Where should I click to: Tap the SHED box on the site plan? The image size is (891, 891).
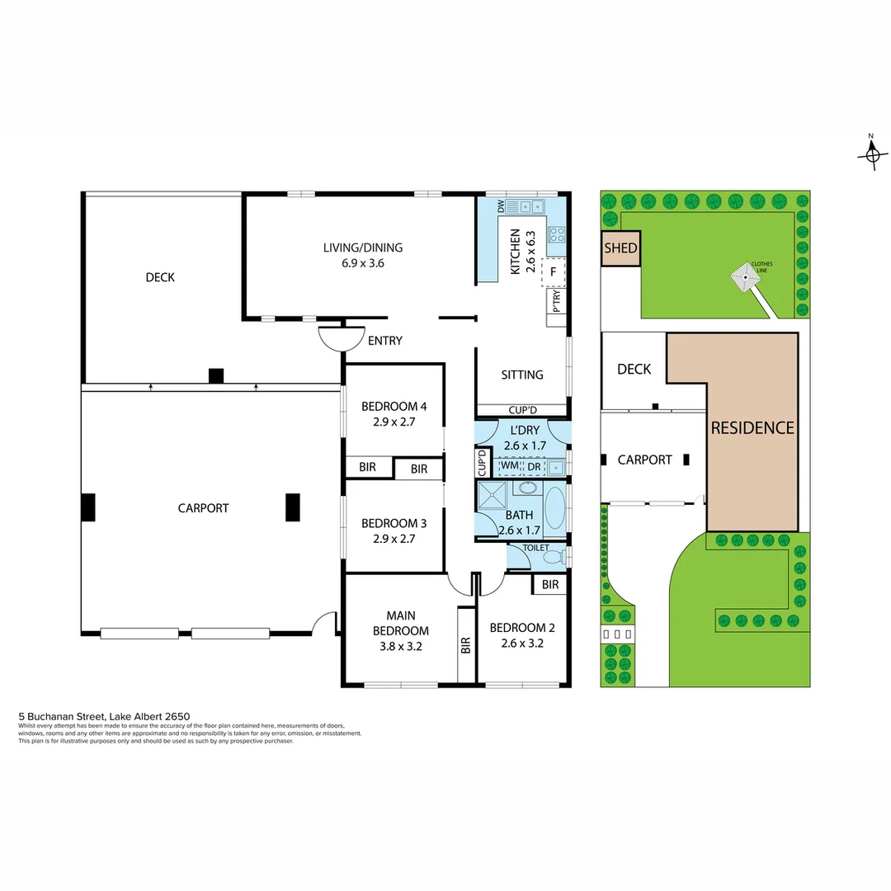click(620, 247)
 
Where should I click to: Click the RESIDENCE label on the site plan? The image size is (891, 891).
click(752, 428)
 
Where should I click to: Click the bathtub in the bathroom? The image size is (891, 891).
click(554, 508)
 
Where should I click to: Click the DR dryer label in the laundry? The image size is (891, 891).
click(534, 467)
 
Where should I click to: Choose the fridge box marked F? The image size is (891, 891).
click(554, 271)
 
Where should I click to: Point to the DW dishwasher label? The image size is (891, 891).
click(500, 207)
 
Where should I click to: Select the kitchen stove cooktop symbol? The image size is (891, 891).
click(555, 234)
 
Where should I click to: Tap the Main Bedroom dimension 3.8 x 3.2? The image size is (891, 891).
click(401, 647)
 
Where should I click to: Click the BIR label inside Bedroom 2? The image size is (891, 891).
click(550, 584)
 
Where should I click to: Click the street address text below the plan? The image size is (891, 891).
click(105, 717)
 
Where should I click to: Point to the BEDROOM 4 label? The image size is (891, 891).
click(394, 406)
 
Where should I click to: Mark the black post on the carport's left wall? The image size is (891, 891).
click(88, 507)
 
